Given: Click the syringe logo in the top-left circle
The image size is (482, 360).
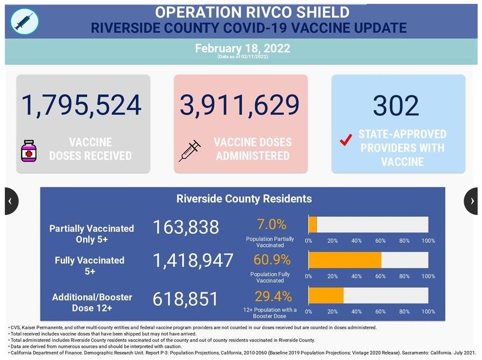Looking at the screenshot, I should coord(24,21).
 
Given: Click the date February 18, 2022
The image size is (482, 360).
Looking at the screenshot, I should coord(243,48).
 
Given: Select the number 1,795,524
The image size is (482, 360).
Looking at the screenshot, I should coord(81,105).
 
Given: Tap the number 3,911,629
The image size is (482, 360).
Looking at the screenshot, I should coord(240,105).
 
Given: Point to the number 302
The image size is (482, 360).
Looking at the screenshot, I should coord(396,105).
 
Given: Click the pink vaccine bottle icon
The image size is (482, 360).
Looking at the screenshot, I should coord(29,151).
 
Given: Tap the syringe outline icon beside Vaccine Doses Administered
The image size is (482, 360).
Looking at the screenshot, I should coord(190,151).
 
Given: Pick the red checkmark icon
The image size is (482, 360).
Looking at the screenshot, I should coord(345,140).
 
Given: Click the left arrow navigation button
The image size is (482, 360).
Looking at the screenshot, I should coord(11,201).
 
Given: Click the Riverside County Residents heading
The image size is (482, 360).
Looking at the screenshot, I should coord(244,199).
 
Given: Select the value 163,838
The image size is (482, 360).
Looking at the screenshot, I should coord(186,227).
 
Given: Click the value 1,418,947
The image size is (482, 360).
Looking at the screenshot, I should coord(193,261).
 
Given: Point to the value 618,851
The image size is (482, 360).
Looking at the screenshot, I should coord(186,299).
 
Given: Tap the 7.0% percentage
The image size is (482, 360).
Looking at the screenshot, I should coord(271,224).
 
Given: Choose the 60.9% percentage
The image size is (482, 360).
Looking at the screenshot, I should coord(272,260).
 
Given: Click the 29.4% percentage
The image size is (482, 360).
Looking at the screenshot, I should coord(273,296).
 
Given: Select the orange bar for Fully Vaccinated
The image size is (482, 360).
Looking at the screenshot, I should coord(344,260).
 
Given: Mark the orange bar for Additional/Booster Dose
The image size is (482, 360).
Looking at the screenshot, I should coord(326,295).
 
